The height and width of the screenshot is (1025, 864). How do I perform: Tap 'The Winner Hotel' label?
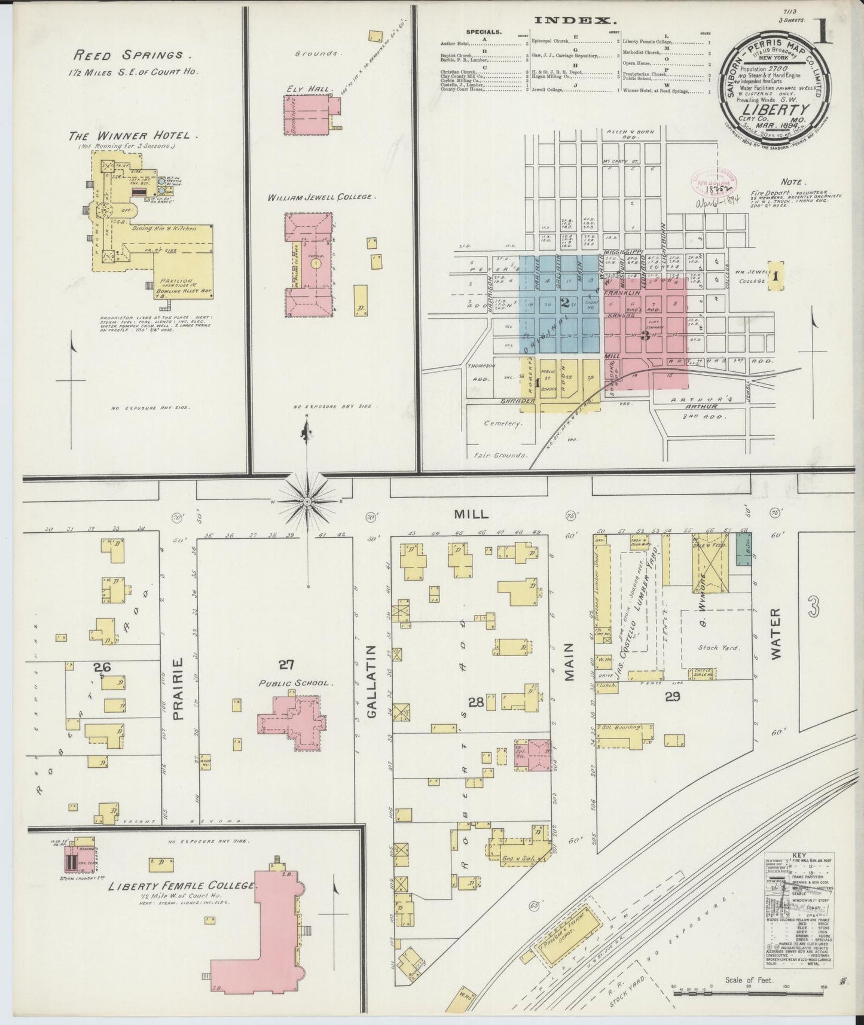[134, 136]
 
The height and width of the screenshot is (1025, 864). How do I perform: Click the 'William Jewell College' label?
[322, 197]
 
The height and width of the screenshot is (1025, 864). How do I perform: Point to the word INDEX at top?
[575, 20]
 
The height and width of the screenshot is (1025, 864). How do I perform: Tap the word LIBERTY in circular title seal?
[782, 109]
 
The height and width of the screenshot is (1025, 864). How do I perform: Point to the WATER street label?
[776, 634]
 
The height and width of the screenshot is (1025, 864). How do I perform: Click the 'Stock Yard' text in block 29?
[718, 646]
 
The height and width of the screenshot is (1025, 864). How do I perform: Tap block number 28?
[475, 703]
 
